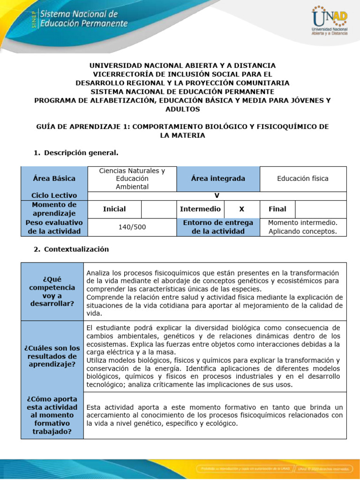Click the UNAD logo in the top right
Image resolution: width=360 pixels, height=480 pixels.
tap(330, 22)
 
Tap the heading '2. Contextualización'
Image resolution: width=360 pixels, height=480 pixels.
tap(72, 249)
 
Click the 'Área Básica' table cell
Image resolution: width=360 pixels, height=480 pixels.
tap(54, 179)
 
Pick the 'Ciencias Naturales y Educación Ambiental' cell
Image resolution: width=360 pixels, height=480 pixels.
tap(132, 179)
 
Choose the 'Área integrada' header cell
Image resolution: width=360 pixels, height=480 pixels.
tap(218, 179)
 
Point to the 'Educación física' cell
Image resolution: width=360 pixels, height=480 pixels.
tap(302, 179)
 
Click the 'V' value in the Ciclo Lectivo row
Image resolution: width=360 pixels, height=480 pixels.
tap(217, 195)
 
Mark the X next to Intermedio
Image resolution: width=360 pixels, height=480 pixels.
tap(241, 209)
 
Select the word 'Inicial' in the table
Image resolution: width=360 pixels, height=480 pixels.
tap(114, 209)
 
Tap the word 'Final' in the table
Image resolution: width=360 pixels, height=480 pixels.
tap(277, 209)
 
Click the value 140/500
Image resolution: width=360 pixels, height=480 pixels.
tap(132, 227)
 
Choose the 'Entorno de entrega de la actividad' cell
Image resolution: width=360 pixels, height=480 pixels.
tap(218, 227)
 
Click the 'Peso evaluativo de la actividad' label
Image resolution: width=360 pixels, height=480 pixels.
tap(54, 227)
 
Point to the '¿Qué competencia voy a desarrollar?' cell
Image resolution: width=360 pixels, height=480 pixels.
tap(52, 292)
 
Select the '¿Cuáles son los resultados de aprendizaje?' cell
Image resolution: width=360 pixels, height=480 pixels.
tap(52, 356)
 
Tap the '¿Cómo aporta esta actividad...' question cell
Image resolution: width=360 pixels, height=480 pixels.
tap(52, 415)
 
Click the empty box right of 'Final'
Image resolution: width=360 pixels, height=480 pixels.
tap(321, 209)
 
